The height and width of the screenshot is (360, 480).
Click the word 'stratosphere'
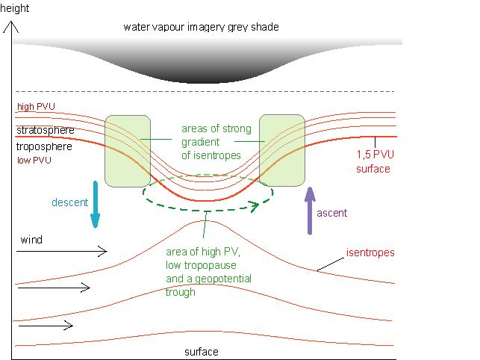(x=46, y=131)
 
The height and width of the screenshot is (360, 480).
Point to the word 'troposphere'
(x=45, y=147)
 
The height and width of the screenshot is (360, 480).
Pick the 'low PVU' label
(x=31, y=160)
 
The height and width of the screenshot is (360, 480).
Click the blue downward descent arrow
(x=95, y=203)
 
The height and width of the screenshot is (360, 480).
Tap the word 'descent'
(x=70, y=202)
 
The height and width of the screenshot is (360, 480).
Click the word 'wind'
(x=31, y=240)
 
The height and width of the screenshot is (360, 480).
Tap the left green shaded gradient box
(x=128, y=150)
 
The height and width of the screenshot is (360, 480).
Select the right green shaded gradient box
(x=281, y=150)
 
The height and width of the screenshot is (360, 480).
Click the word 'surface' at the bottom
(x=202, y=351)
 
